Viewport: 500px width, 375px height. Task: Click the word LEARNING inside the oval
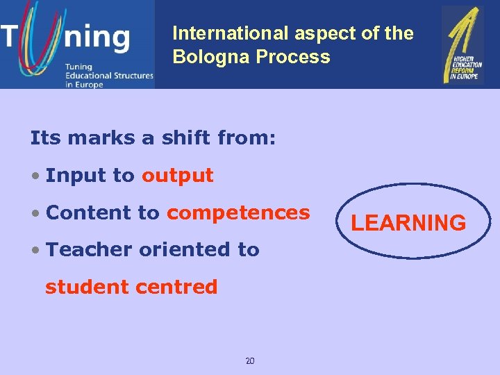pyautogui.click(x=408, y=223)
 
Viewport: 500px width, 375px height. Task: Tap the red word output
pyautogui.click(x=177, y=176)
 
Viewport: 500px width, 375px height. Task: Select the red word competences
pyautogui.click(x=238, y=212)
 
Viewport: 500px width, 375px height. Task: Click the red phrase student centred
pyautogui.click(x=131, y=287)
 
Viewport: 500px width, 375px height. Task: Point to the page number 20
pyautogui.click(x=250, y=360)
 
